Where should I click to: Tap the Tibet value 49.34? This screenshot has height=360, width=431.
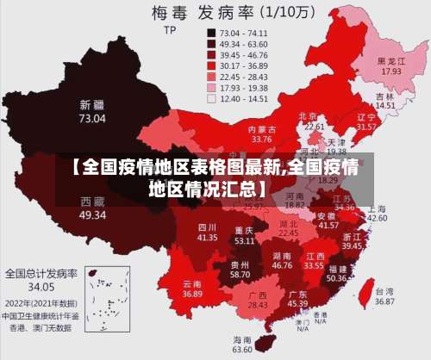coord(93,214)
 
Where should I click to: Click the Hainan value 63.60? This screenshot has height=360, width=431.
coord(243,350)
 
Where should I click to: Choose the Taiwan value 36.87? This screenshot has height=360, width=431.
coord(384,302)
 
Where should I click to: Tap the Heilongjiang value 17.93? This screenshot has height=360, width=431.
coord(392,71)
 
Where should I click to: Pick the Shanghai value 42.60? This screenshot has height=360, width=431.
coord(377,218)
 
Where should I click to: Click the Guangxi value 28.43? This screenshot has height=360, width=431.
coord(258,305)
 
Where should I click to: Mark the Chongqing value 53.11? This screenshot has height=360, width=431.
coord(244,241)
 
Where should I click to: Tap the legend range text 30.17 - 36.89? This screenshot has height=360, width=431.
coord(245,65)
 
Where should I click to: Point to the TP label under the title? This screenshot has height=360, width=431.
coord(169,30)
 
